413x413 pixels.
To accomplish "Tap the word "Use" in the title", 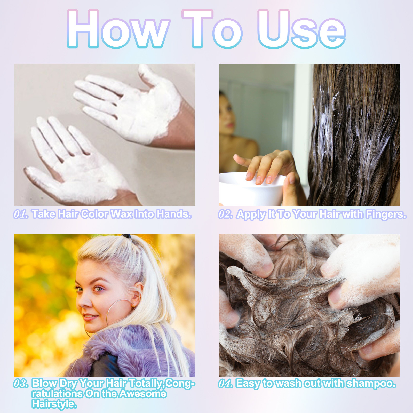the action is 301,29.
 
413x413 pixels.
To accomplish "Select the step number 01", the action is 21,214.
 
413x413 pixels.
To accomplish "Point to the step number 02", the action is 226,214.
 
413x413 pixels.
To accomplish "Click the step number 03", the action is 21,383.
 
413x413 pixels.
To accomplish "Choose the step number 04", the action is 226,383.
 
